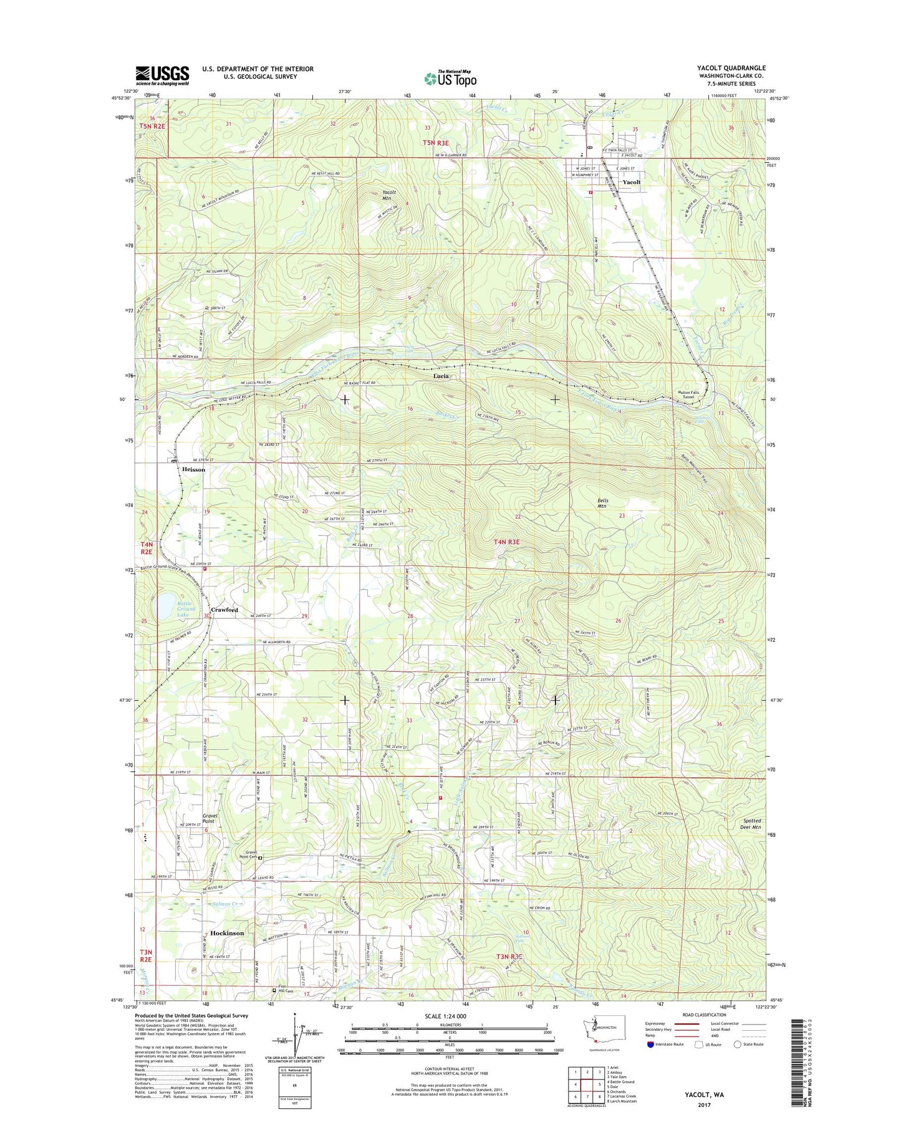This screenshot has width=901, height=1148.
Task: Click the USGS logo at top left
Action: pos(162,75)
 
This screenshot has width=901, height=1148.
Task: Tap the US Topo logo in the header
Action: pos(450,79)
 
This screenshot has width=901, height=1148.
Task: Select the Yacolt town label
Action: pos(631,182)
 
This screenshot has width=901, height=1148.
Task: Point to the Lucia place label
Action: pos(441,376)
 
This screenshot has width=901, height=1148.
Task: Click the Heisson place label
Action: pos(193,469)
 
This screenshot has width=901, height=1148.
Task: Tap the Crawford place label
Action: pos(224,610)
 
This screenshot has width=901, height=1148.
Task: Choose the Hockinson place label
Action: pos(227,933)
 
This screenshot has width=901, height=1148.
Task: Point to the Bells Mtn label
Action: pos(602,504)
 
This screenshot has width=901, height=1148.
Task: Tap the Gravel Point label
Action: pos(208,818)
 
